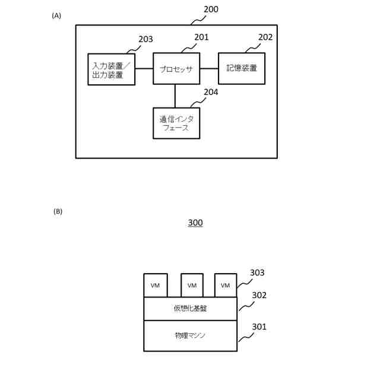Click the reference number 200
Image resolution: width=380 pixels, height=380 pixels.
(211, 10)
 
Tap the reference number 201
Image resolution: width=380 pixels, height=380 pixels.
(202, 37)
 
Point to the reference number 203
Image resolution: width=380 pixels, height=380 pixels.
(145, 39)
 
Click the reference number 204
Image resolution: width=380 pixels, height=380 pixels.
(211, 92)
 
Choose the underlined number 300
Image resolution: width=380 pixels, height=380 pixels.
(195, 223)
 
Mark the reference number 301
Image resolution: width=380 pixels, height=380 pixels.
(259, 327)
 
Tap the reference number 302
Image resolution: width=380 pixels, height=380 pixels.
(259, 295)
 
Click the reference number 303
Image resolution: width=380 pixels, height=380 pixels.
(257, 273)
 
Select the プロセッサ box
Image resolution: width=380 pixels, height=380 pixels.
(176, 68)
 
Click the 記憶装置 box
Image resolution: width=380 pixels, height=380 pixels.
(242, 68)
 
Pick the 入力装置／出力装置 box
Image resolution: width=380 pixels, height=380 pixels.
(111, 69)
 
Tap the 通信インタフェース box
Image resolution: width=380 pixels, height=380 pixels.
(176, 123)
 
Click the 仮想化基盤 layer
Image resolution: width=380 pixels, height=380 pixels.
(191, 308)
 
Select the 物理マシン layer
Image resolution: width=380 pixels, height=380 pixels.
(191, 335)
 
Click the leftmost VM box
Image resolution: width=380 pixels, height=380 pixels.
(156, 286)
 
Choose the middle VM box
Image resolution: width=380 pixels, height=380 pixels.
(192, 286)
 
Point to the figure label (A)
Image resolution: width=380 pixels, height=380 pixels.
(56, 16)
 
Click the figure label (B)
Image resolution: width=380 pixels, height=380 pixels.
(58, 211)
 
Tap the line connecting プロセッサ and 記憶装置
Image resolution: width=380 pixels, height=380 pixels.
(209, 68)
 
